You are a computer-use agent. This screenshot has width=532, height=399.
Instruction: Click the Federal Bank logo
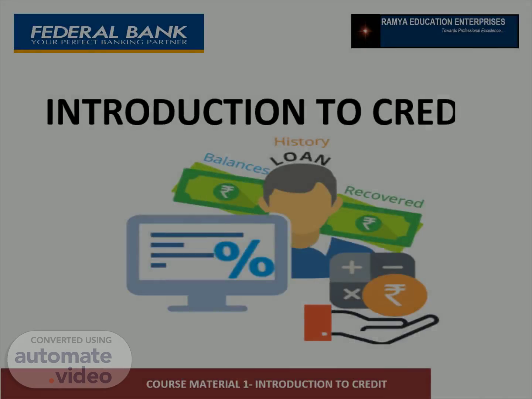pos(109,33)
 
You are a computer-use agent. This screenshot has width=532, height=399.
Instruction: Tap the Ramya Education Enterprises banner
pos(435,31)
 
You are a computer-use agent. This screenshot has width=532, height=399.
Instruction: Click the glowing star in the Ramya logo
pos(365,31)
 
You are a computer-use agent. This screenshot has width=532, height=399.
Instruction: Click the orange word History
pos(302,142)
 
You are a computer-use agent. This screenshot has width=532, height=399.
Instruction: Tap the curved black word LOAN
pos(300,159)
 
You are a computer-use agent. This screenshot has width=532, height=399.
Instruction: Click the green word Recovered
pos(384,197)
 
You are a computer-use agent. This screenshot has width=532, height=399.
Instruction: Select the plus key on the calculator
pos(352,267)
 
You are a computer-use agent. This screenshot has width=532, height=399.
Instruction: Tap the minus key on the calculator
pos(393,267)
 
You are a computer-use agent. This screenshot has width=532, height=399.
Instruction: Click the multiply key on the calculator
pos(352,294)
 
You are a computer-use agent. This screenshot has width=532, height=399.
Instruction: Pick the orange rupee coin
pos(395,295)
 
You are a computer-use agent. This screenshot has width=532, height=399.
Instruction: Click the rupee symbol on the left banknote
pos(226,192)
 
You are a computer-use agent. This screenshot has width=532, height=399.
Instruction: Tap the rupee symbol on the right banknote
pos(368,223)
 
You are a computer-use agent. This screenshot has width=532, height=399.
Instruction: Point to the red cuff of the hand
pos(318,323)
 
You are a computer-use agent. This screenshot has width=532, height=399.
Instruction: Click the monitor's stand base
pos(208,308)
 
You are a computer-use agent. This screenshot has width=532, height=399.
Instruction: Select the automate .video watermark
pos(69,359)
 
